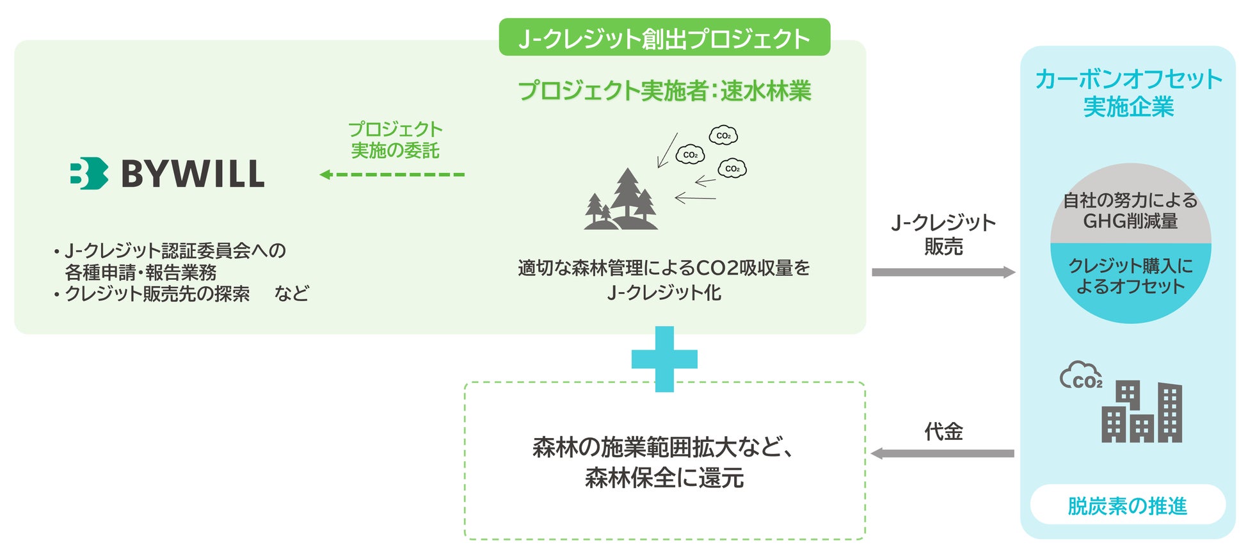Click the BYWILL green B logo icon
point(88,174)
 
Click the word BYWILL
point(193,174)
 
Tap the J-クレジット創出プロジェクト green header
point(664,38)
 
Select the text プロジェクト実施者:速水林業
point(664,91)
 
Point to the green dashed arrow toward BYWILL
point(392,174)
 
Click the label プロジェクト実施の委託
point(395,140)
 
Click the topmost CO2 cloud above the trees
point(723,135)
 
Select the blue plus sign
point(664,359)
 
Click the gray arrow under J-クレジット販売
point(943,272)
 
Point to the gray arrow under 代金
point(942,453)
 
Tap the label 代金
point(943,432)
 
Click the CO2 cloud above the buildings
point(1081,376)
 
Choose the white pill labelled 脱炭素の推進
point(1128,505)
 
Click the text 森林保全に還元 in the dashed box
point(664,478)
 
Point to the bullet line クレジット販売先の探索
point(157,294)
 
